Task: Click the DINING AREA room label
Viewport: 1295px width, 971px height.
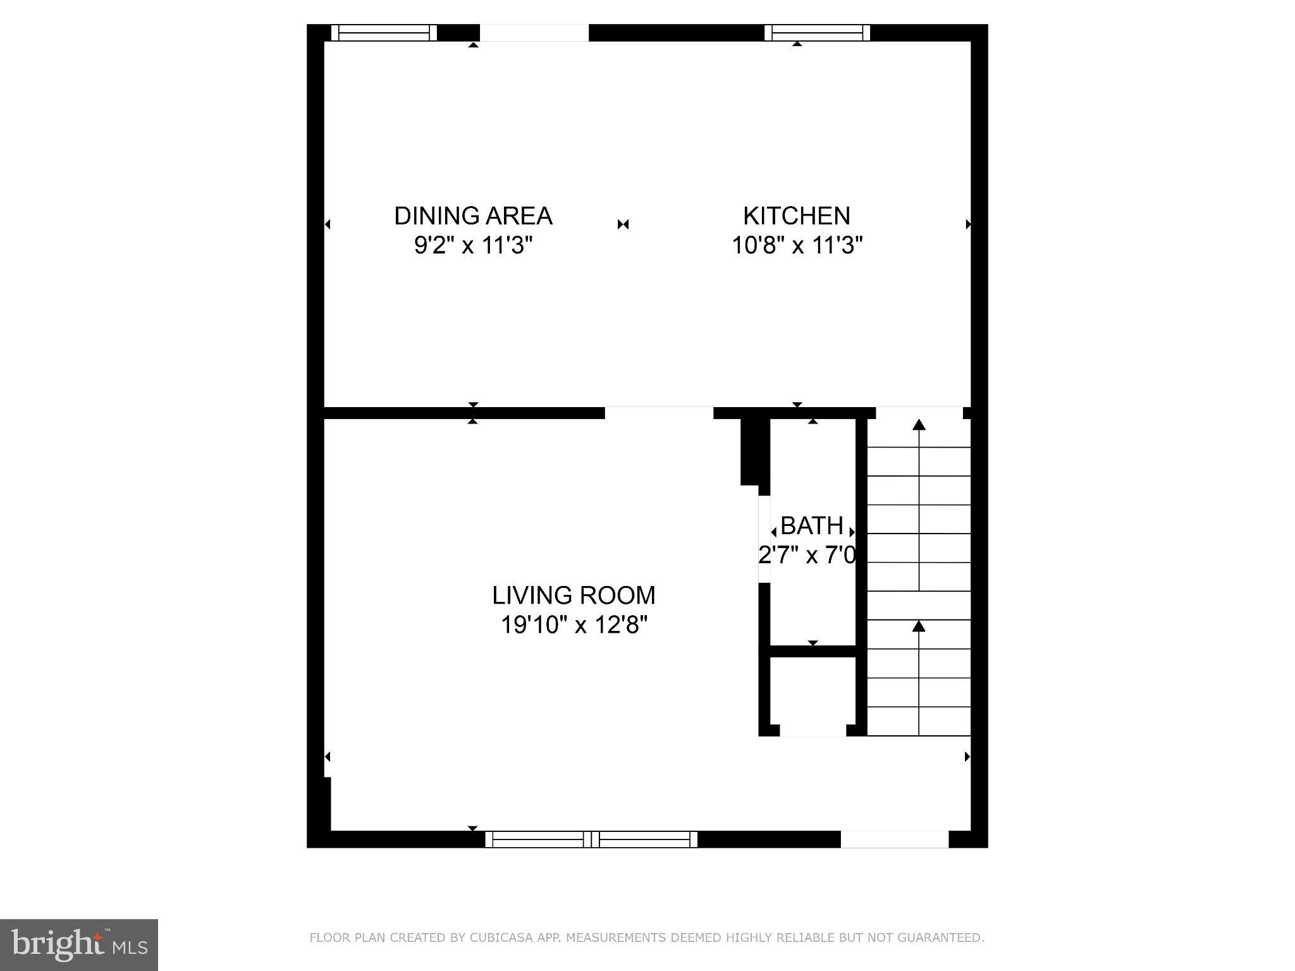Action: [x=473, y=216]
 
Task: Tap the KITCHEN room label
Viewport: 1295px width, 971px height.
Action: [x=796, y=216]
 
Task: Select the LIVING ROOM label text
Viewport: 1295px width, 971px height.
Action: [x=574, y=595]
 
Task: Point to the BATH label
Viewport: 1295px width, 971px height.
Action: [x=812, y=526]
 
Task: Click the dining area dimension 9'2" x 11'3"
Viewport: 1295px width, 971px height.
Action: [x=473, y=245]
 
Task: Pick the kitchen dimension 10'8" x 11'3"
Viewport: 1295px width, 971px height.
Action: [x=797, y=245]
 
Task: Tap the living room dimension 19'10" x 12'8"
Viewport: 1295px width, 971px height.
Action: [x=574, y=625]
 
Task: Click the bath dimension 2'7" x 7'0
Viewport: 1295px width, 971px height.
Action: [x=807, y=556]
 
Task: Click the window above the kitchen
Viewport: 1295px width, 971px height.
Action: [x=817, y=33]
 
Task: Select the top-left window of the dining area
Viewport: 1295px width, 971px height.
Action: [x=384, y=33]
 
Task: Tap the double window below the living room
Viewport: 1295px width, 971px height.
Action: [x=591, y=840]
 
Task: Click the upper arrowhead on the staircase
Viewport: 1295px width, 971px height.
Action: [x=919, y=425]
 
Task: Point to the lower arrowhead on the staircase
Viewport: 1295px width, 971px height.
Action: [x=919, y=626]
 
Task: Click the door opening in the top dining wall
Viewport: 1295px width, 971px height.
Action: [x=534, y=33]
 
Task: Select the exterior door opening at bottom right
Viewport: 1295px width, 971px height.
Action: [x=894, y=839]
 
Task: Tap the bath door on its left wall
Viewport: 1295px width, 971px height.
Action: [x=764, y=539]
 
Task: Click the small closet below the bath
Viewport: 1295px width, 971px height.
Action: [x=813, y=692]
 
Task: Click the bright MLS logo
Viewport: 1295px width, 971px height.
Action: [x=79, y=944]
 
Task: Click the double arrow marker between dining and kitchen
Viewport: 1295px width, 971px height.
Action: [x=623, y=224]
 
